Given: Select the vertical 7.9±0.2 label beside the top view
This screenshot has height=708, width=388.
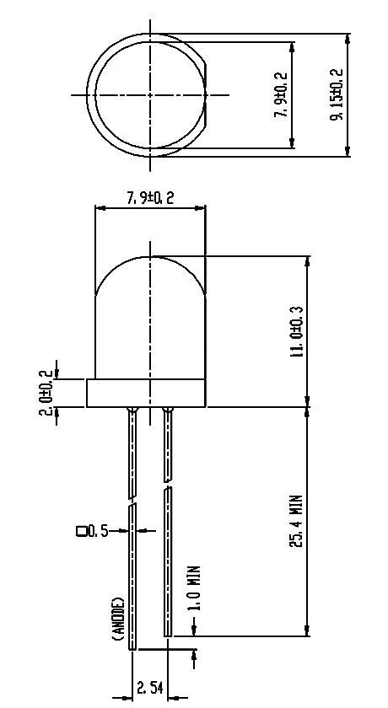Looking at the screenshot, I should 282,94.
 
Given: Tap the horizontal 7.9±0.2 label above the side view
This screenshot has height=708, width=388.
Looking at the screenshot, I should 149,198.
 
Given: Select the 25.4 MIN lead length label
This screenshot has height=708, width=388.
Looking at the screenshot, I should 297,522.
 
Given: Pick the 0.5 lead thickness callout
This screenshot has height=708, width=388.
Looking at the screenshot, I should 98,531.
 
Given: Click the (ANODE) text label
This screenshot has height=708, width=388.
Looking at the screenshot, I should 118,620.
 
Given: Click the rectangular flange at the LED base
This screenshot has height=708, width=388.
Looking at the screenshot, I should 146,394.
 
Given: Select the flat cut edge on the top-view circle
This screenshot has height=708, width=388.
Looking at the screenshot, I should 205,94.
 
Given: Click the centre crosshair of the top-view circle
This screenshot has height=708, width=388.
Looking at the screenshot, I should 150,94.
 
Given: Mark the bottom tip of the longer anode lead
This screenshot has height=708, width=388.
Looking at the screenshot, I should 132,647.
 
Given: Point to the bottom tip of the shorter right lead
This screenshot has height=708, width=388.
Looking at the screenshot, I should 167,634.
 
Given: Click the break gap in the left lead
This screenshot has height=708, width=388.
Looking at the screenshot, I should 132,501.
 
